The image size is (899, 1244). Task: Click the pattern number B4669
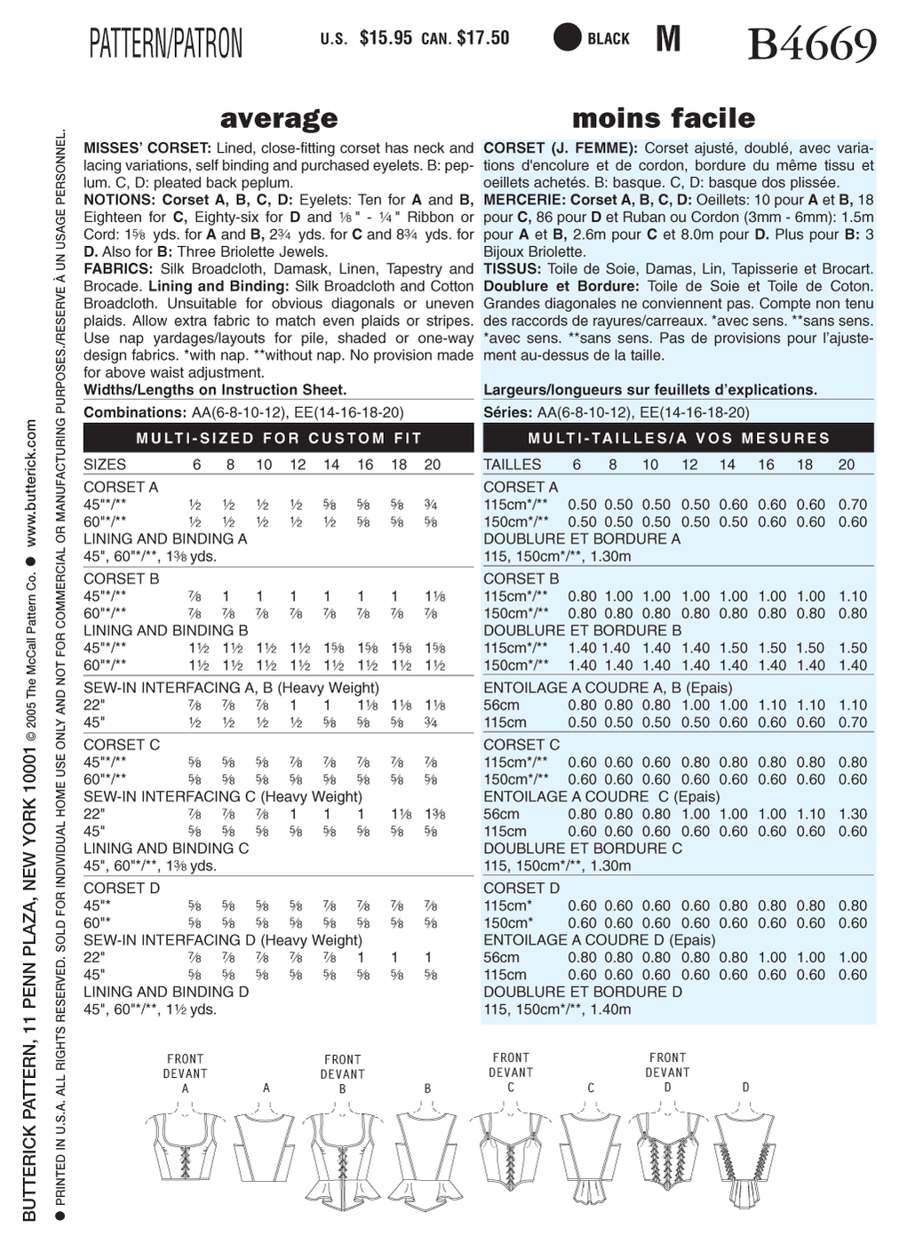coord(812,44)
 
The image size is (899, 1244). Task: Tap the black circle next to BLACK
coord(567,38)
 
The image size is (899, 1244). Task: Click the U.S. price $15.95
coord(386,38)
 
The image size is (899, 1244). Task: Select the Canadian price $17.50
coord(483,38)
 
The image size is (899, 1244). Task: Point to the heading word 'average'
coord(279,118)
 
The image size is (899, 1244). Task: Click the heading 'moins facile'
coord(664,118)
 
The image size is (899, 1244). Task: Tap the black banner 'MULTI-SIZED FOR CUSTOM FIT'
coord(279,438)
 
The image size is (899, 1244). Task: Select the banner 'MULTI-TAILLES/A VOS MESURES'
coord(679,438)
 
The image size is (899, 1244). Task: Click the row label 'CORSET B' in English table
coord(122,578)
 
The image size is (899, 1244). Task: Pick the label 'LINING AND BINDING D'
coord(166,992)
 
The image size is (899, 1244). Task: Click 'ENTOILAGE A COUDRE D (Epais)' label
coord(599,940)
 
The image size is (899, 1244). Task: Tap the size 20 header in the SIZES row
coord(433,465)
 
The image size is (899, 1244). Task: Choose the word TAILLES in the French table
coord(512,465)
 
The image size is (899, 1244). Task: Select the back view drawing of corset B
coord(428,1155)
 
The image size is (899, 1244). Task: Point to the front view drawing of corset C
coord(511,1146)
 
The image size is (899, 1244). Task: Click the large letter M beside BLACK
coord(668,39)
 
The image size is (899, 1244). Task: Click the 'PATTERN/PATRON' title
coord(166,43)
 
